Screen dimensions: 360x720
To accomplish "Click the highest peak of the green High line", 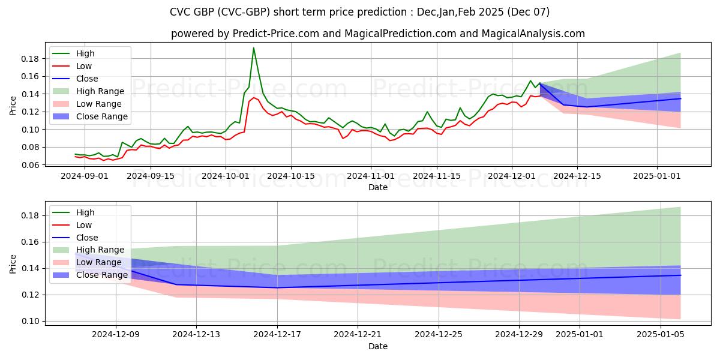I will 254,48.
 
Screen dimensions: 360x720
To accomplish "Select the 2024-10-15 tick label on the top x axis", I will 291,176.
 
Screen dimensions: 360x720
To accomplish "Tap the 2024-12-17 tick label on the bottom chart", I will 277,334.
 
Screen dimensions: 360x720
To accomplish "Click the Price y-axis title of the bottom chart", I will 13,263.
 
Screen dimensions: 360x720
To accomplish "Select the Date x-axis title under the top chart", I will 378,187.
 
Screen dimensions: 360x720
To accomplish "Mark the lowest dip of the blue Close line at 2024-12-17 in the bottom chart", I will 277,287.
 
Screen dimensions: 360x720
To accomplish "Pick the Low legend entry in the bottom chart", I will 84,225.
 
